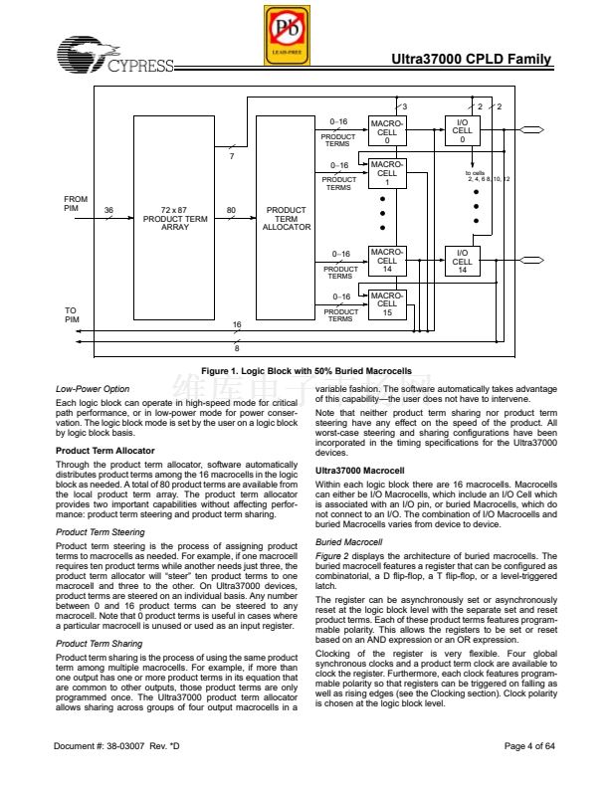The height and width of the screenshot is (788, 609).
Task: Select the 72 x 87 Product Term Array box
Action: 175,219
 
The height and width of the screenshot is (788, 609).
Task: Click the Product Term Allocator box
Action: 287,219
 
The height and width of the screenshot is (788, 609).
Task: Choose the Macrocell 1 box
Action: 387,173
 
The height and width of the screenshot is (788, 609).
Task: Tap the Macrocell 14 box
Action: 387,261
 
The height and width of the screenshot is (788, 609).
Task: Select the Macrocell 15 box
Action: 387,303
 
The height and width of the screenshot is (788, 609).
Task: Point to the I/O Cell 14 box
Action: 462,261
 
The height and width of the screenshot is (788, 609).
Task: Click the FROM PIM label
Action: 76,203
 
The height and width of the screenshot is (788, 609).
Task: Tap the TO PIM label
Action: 72,314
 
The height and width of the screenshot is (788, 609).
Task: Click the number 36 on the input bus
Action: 108,210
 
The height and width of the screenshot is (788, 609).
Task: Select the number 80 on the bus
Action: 231,210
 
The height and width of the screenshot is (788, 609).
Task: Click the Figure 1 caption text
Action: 305,371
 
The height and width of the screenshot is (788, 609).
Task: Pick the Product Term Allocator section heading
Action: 104,452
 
